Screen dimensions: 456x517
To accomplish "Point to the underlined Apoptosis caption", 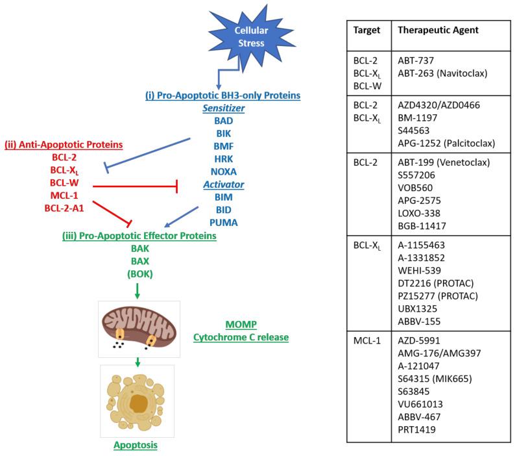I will [x=136, y=446].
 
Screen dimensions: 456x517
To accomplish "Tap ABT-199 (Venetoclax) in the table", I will [x=437, y=162].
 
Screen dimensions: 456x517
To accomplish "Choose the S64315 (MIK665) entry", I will [x=434, y=388].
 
